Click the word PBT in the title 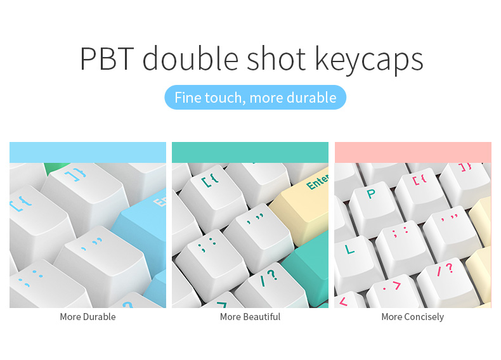(107, 59)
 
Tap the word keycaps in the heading (369, 60)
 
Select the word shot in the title (277, 58)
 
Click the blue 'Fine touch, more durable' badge (256, 98)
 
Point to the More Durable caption (88, 317)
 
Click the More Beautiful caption (250, 317)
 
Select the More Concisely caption (412, 317)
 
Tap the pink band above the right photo (413, 152)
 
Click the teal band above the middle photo (250, 152)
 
